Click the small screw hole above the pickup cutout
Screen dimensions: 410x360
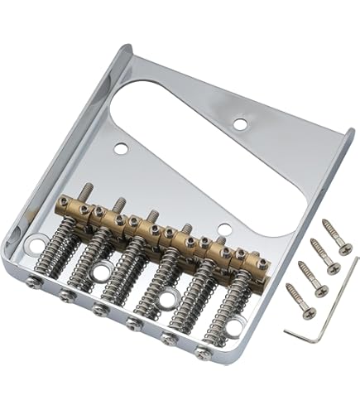coord(239,125)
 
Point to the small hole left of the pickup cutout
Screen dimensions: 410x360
coord(121,150)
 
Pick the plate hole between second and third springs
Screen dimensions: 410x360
coord(105,272)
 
